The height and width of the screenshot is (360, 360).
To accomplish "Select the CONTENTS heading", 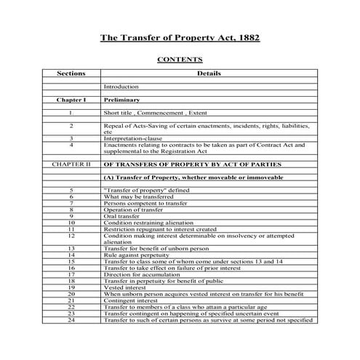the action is click(180, 60).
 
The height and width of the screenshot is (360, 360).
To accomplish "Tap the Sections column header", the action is click(71, 73).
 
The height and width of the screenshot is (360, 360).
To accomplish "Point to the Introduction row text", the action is click(121, 87).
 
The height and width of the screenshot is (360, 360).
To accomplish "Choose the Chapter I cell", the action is click(71, 99).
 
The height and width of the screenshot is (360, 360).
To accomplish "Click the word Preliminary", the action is click(122, 99).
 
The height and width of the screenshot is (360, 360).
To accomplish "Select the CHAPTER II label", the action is click(71, 164).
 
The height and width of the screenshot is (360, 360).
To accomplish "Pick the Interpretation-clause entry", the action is click(134, 138).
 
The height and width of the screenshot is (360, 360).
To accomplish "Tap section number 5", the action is click(71, 190).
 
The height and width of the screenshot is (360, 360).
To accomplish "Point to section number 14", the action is click(71, 255).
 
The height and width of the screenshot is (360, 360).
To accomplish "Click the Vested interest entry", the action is click(124, 287).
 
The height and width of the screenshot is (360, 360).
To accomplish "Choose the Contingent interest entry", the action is click(129, 300).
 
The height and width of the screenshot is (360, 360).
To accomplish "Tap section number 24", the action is click(71, 320).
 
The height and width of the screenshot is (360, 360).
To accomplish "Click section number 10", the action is click(71, 223).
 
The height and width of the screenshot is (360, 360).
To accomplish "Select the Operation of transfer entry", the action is click(131, 209).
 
